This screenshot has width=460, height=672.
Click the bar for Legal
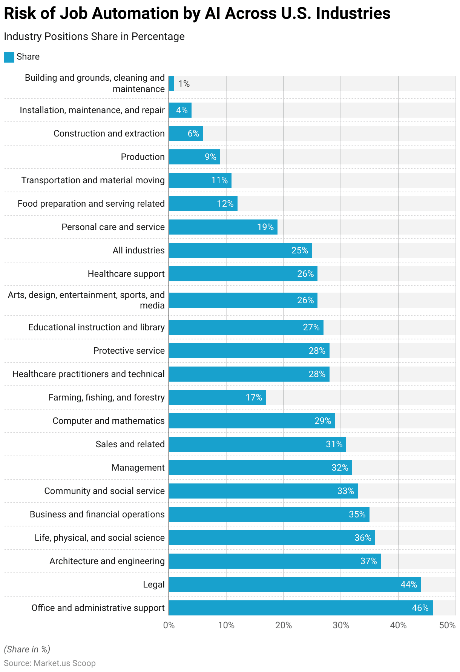click(294, 585)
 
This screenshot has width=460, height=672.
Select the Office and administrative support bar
click(301, 608)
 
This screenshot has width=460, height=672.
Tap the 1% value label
click(184, 84)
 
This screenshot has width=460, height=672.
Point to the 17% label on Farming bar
click(254, 397)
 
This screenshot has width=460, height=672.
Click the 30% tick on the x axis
click(341, 625)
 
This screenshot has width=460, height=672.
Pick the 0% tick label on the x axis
click(169, 625)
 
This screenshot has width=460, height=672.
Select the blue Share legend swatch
click(9, 57)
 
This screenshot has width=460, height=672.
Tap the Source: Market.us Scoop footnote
click(50, 663)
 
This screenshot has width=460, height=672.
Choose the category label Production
click(143, 157)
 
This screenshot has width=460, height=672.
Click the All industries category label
click(138, 250)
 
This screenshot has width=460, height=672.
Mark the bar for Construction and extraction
click(186, 133)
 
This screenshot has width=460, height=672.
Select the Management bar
click(260, 468)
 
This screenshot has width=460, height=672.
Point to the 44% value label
click(409, 585)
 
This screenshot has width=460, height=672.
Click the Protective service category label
click(129, 351)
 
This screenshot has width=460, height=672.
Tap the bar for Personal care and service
click(223, 227)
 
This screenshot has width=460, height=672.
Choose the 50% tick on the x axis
click(448, 625)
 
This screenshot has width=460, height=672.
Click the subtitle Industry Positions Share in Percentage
click(94, 37)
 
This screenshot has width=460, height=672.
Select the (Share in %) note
click(27, 649)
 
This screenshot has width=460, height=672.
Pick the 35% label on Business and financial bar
click(357, 514)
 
